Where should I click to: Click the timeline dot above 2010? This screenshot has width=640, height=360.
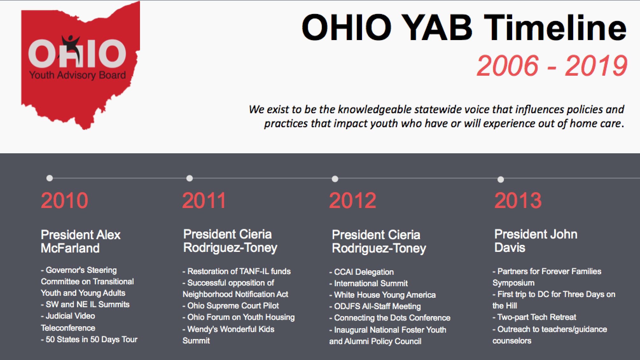(x=50, y=178)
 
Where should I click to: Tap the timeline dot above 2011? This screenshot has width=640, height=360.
(x=190, y=178)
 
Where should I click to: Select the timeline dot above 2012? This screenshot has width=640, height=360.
(x=335, y=179)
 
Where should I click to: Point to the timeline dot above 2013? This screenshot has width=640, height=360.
(x=501, y=180)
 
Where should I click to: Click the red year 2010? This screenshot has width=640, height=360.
(x=65, y=200)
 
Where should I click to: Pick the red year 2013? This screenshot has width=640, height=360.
(x=518, y=200)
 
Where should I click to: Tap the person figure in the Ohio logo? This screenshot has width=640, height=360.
(x=71, y=43)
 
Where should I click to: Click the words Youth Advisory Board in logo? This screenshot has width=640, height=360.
(x=77, y=75)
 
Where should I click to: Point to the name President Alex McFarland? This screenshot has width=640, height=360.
(x=80, y=241)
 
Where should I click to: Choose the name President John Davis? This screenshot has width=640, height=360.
(x=536, y=241)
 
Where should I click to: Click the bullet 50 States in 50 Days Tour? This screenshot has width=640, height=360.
(x=89, y=339)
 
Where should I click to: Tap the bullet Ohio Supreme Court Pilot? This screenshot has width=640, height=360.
(x=231, y=306)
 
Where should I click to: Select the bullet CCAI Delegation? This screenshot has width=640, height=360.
(x=362, y=272)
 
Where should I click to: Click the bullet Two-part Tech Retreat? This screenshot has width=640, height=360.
(x=534, y=317)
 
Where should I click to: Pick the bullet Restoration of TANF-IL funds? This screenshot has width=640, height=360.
(x=237, y=271)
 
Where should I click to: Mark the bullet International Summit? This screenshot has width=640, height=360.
(x=369, y=283)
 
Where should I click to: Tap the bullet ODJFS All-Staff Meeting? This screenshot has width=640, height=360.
(x=375, y=306)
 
